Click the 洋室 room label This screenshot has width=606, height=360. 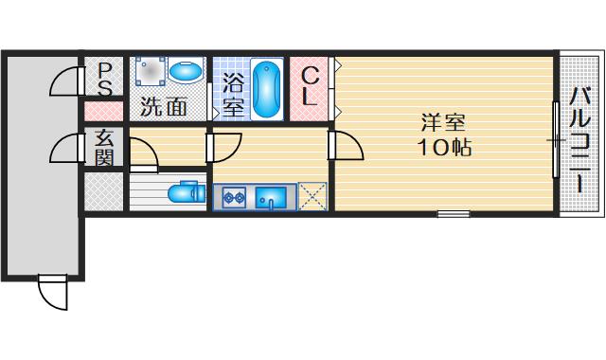point(443,123)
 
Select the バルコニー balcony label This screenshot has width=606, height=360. point(580,137)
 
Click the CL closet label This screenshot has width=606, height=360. point(311,85)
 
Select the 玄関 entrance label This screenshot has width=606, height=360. point(105,147)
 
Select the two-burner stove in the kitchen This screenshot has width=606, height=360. point(235,198)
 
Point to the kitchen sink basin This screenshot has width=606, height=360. point(274,198)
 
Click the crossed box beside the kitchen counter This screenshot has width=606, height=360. point(312,196)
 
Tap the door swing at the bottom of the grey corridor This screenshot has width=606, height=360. point(52,291)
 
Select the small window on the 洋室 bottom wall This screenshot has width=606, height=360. point(453,213)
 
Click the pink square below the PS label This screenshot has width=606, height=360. point(102,110)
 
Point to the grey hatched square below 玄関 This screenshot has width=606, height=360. point(102,192)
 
